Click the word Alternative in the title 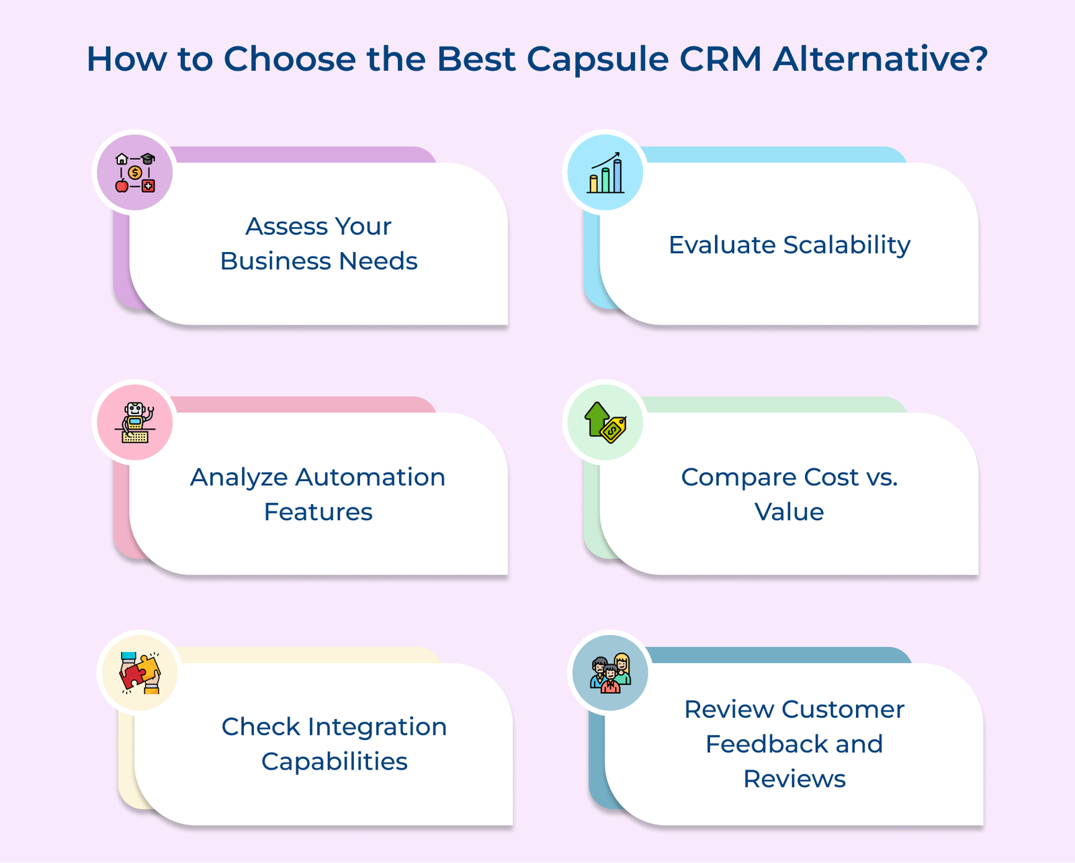(869, 59)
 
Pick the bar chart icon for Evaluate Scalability (605, 173)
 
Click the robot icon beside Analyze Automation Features (135, 422)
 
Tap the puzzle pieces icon (140, 673)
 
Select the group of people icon (610, 673)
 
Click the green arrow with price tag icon (605, 422)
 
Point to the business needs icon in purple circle (135, 173)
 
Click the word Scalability (847, 245)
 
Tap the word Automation (370, 477)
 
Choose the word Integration (377, 728)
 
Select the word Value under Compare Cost (789, 511)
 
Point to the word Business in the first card (275, 261)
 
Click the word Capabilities (335, 762)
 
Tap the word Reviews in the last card (795, 779)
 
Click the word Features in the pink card (318, 511)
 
